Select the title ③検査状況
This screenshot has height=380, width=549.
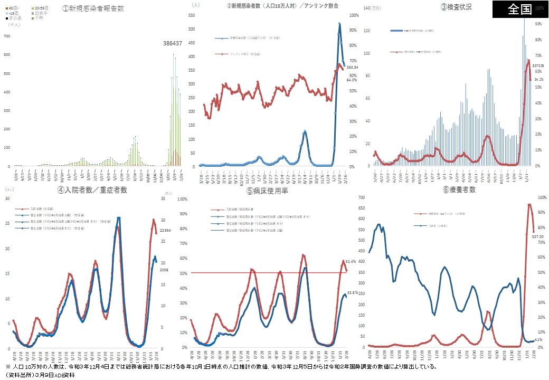pos(456,7)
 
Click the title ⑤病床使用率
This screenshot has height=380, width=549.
pos(272,190)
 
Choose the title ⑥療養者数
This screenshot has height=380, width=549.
pos(457,189)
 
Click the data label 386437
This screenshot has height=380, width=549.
pos(176,43)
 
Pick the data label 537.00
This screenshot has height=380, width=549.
pos(537,236)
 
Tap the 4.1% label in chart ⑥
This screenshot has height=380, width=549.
pos(538,339)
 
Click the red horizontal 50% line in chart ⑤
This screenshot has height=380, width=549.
pos(264,273)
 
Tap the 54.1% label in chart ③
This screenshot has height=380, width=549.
pos(539,80)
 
